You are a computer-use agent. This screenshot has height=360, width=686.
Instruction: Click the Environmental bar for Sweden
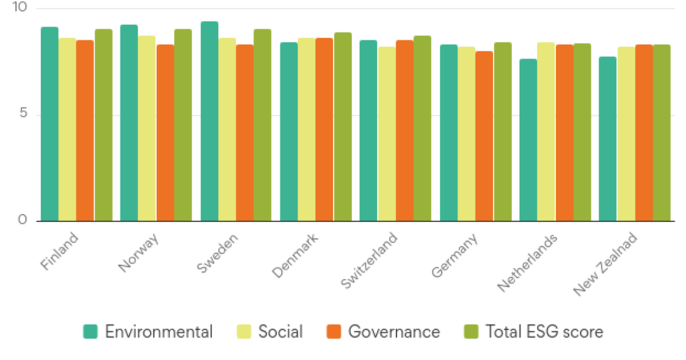pos(209,121)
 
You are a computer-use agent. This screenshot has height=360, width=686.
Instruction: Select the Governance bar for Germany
pos(484,136)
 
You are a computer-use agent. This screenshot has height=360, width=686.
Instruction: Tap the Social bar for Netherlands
pos(546,131)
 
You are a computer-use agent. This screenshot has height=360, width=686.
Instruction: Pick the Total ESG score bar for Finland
pos(103,125)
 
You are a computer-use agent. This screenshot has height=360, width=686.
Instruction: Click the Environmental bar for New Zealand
pos(608,139)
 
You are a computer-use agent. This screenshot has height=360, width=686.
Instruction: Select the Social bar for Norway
pos(147,128)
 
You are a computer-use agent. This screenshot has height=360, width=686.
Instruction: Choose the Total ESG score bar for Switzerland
pos(422,128)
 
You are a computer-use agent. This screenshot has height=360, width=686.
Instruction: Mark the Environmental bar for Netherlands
pos(528,140)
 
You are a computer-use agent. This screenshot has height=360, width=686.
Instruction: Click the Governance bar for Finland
pos(85,130)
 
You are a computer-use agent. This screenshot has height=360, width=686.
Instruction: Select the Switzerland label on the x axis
pos(369,259)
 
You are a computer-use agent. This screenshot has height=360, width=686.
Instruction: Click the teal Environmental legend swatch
pos(90,331)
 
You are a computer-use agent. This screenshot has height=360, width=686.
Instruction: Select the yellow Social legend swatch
pos(244,331)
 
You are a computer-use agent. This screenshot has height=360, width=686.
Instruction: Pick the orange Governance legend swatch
pos(333,331)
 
